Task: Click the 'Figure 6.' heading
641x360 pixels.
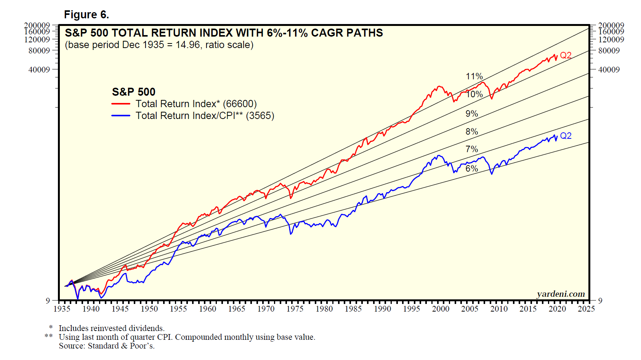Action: point(87,14)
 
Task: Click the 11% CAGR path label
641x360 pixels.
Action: point(474,76)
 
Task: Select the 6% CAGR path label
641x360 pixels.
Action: point(471,168)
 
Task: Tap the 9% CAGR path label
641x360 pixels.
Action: point(471,114)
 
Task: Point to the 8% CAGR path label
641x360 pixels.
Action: point(471,132)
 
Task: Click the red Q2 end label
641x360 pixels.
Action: point(566,55)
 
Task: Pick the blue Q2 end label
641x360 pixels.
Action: point(566,136)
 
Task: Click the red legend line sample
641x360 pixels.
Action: point(121,104)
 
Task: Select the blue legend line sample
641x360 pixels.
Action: point(121,116)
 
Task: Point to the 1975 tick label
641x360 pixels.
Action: point(295,309)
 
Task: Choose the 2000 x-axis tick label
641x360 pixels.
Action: point(441,309)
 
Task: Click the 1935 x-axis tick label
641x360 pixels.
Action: point(62,309)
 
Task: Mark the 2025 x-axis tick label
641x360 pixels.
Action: point(586,309)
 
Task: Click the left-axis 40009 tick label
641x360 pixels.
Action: point(39,69)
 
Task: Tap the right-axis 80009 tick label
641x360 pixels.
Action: point(609,50)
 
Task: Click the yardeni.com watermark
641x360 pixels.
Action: point(561,294)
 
